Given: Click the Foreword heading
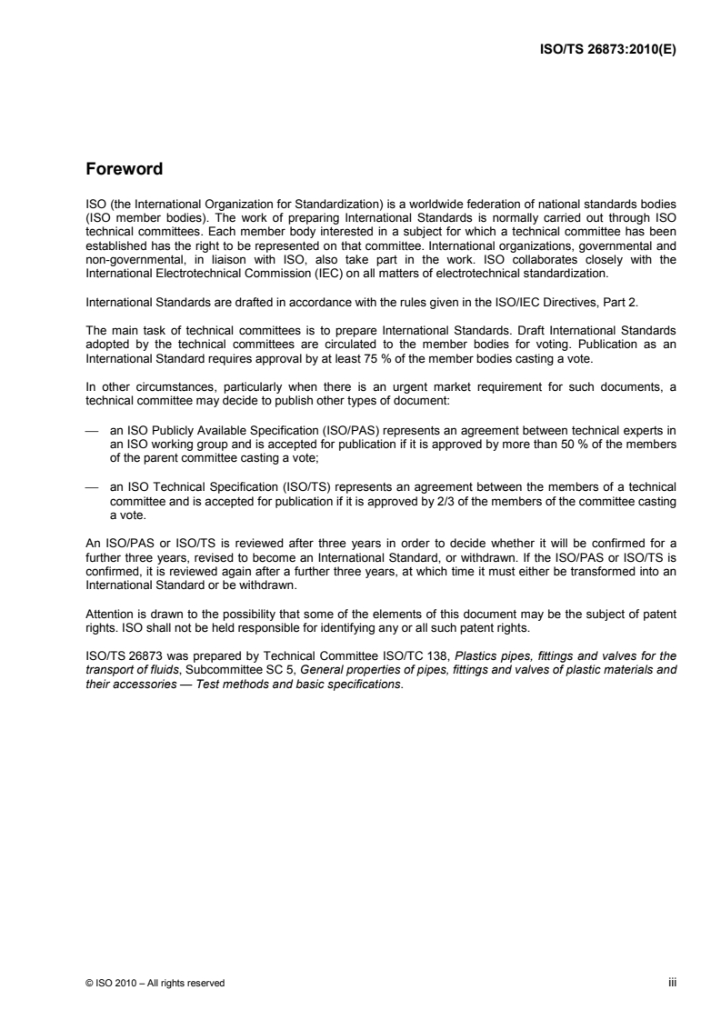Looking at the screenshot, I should coord(124,169).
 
